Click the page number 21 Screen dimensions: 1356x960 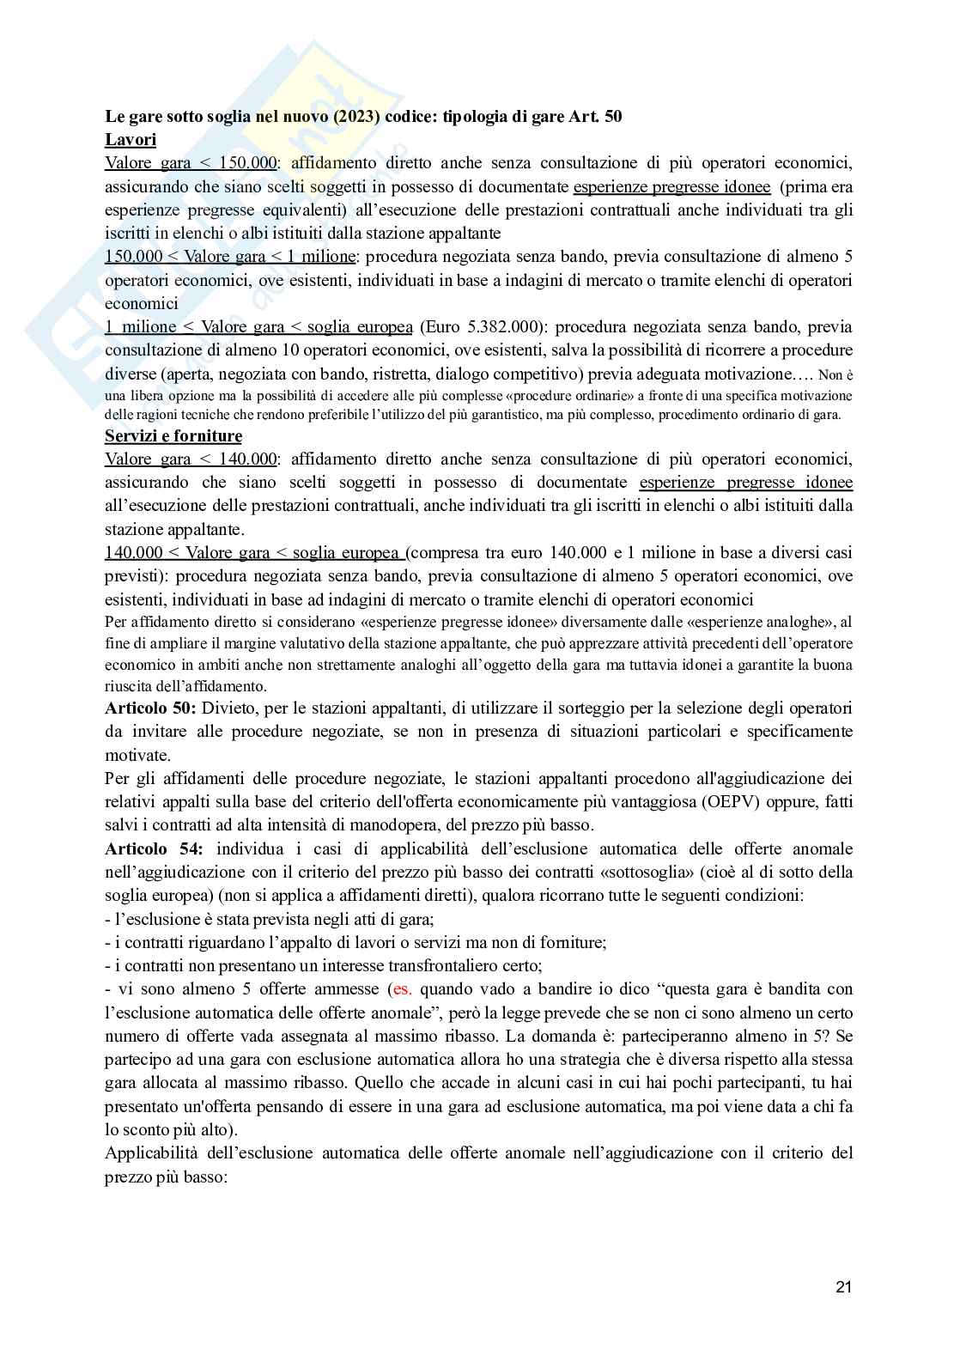pyautogui.click(x=843, y=1286)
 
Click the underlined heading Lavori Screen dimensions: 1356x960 pyautogui.click(x=131, y=140)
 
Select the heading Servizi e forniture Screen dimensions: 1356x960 pyautogui.click(x=173, y=436)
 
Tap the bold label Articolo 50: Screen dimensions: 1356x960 pyautogui.click(x=151, y=708)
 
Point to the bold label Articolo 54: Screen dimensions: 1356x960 pyautogui.click(x=155, y=849)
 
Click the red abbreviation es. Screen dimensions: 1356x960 pyautogui.click(x=402, y=989)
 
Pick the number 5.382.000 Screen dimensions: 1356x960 pyautogui.click(x=499, y=327)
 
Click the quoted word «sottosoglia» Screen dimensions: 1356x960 pyautogui.click(x=632, y=873)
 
